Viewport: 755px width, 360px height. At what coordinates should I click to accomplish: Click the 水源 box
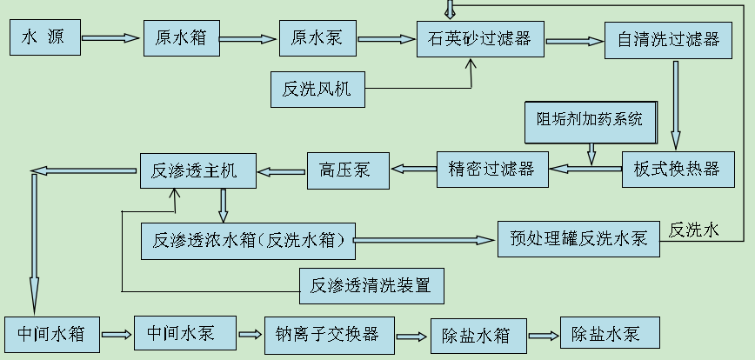point(43,38)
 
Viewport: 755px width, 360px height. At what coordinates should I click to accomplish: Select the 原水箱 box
point(181,38)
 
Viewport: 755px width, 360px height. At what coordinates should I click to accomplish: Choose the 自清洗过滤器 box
point(667,39)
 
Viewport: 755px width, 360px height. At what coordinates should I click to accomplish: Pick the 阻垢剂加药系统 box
point(591,121)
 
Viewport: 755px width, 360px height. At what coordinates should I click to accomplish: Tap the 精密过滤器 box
point(492,169)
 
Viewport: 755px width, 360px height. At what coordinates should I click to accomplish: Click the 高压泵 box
point(345,170)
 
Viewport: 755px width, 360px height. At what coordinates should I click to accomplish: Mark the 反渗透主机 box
point(198,170)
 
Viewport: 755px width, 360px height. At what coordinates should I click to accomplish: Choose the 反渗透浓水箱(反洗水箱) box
point(248,240)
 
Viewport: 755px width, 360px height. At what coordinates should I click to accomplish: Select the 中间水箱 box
point(51,333)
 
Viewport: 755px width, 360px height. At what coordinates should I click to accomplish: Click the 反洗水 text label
point(693,230)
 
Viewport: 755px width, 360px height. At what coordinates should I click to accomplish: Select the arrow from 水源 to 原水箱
point(110,38)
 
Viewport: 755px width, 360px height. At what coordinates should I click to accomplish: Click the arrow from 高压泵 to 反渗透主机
point(282,170)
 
